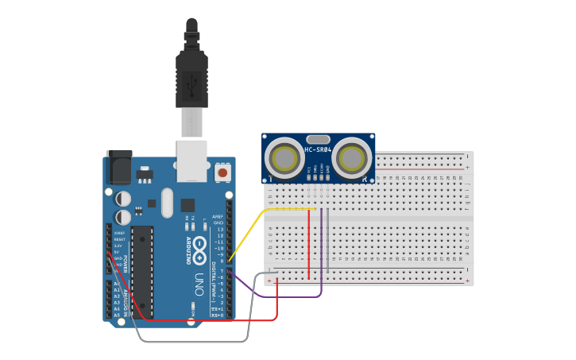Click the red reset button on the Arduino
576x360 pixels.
222,172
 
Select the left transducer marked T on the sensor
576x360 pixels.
284,158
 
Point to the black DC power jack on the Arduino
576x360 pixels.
118,165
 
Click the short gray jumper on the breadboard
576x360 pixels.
327,238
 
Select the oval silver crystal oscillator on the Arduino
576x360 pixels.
166,203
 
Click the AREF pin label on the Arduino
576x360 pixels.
218,216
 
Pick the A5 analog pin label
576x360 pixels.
117,315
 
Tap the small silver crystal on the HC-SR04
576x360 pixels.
318,139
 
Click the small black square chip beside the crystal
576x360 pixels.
187,204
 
